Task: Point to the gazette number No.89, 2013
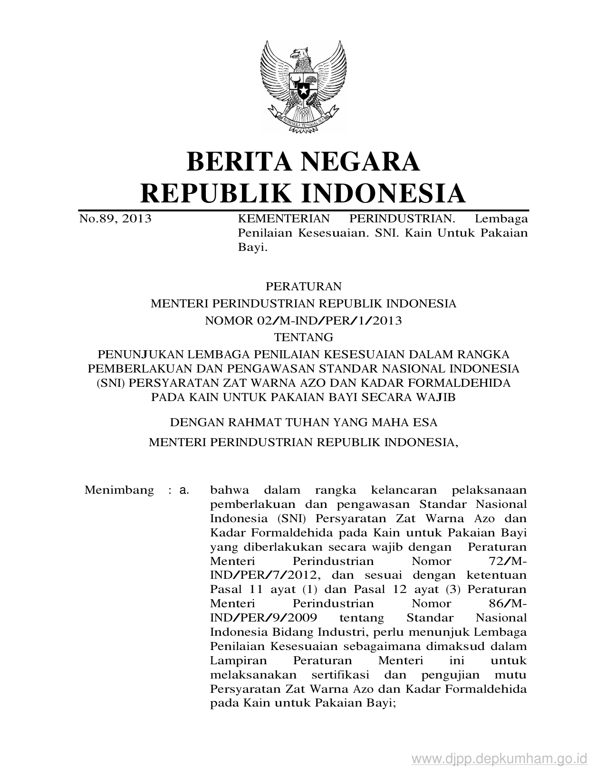pyautogui.click(x=115, y=219)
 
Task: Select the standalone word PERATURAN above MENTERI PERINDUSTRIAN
pyautogui.click(x=303, y=287)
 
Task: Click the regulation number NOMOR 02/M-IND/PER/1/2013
pyautogui.click(x=303, y=321)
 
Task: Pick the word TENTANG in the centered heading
pyautogui.click(x=303, y=337)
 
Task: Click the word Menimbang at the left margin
pyautogui.click(x=119, y=490)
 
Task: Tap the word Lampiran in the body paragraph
pyautogui.click(x=238, y=661)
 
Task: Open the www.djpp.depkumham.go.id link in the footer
pyautogui.click(x=500, y=758)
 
